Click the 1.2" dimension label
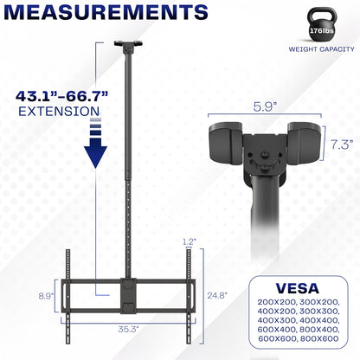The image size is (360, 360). pyautogui.click(x=190, y=242)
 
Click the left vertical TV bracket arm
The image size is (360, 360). pyautogui.click(x=69, y=286)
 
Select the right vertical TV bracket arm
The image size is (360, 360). pyautogui.click(x=188, y=286)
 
